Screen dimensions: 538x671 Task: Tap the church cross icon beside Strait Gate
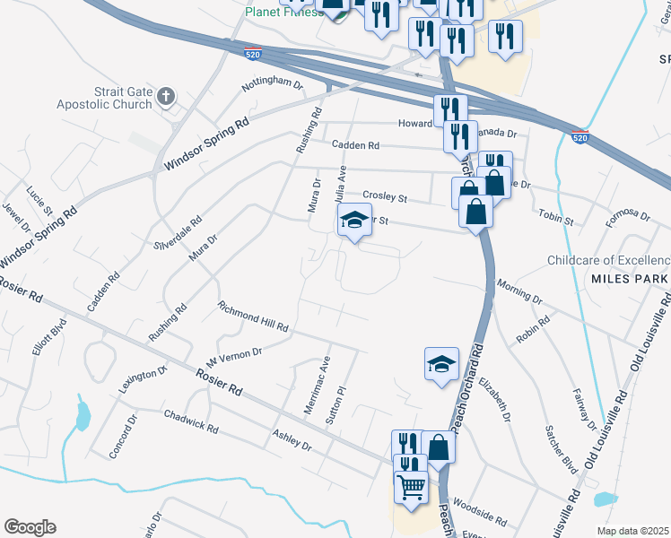click(165, 96)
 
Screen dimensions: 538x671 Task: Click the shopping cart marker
click(411, 488)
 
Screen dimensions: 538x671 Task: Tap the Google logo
click(30, 526)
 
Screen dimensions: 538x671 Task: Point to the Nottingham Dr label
click(273, 83)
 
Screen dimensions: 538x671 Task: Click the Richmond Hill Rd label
click(253, 317)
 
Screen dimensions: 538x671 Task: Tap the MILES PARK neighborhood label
click(626, 279)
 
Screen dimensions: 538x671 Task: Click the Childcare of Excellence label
click(608, 261)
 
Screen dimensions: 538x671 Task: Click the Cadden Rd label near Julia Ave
click(355, 144)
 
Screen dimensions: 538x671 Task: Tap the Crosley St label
click(385, 196)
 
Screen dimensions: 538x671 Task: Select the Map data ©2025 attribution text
click(633, 531)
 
